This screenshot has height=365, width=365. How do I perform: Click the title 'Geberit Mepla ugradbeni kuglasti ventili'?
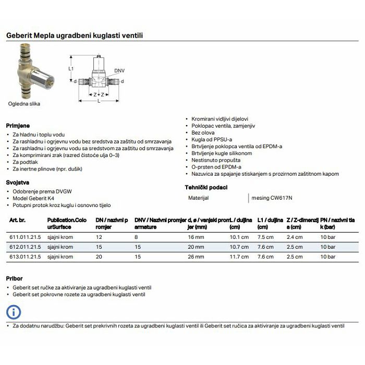[x=74, y=35]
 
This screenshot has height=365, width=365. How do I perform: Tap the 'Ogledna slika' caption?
[x=24, y=104]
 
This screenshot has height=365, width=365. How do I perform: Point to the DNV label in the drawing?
[x=119, y=70]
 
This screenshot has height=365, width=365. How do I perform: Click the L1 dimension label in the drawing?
[x=71, y=69]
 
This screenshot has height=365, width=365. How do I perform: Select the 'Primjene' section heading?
[x=18, y=126]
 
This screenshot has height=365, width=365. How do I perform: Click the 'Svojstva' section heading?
[x=17, y=182]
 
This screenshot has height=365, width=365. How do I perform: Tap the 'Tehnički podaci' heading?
[x=206, y=187]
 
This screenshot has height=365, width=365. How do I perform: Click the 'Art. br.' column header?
[x=18, y=221]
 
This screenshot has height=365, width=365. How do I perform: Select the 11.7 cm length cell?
[x=238, y=257]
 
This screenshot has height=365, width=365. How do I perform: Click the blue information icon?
[x=14, y=312]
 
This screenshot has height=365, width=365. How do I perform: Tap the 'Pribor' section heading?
[x=14, y=278]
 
